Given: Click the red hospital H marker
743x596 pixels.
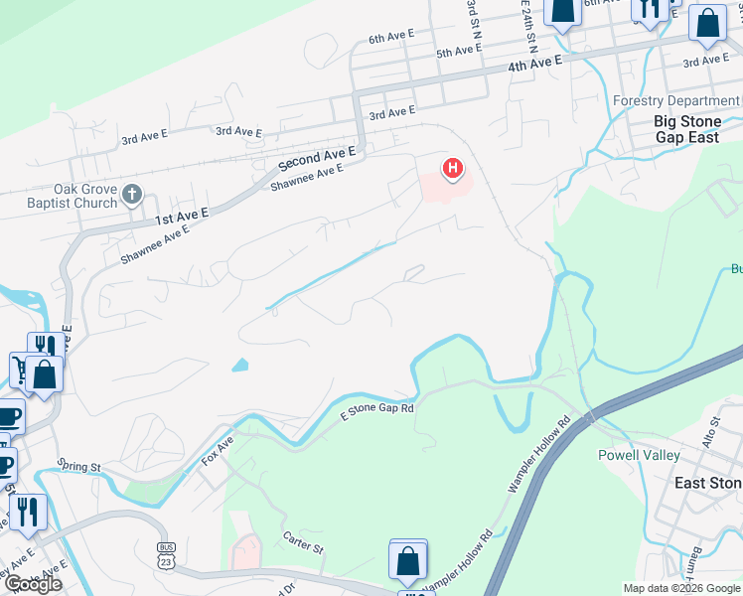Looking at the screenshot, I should coord(453,169).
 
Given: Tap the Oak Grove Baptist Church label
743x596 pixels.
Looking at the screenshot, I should coord(72,196).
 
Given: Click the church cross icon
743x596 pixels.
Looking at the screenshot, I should coord(133,196).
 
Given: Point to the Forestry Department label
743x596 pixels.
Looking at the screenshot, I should coord(675,101).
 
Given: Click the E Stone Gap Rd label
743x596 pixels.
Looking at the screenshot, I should coord(376,408).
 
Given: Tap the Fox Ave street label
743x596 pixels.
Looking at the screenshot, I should coord(217,449).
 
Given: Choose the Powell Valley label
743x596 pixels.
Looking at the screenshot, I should coord(639,455).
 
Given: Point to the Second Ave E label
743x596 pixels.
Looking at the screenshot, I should coord(317,157).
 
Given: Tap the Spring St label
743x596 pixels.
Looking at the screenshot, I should coord(79,465).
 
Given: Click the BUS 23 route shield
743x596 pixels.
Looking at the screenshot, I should coord(166,554).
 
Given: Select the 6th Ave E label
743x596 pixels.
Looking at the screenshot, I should coord(390,38).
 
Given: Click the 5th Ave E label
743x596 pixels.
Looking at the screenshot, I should coord(459,52).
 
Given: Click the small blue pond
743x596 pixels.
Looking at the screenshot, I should coord(239,365).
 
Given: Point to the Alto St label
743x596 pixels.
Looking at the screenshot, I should coord(710,433).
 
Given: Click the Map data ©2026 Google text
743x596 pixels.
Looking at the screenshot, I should coord(680,588).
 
